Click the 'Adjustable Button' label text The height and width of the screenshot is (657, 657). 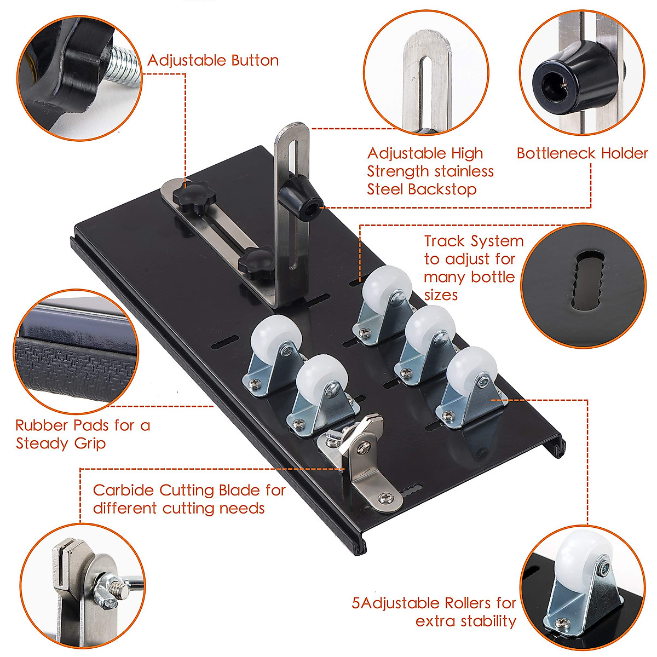213,60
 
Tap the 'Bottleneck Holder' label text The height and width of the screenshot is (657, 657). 582,153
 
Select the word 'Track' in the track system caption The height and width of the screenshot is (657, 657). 444,241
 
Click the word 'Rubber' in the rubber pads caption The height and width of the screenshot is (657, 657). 42,425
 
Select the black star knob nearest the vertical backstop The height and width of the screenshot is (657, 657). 258,259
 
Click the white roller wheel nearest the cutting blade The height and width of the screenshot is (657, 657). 322,377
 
